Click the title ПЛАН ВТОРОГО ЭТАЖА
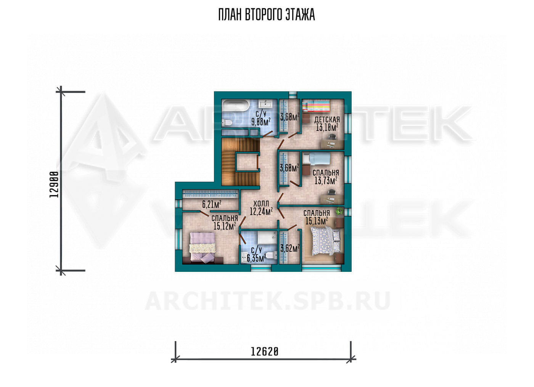267,15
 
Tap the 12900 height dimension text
54,184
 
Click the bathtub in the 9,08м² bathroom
236,106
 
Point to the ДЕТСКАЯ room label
327,119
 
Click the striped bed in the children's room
316,106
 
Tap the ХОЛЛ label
261,204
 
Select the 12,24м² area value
261,211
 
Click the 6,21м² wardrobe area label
212,204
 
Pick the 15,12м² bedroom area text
225,226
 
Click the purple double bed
203,248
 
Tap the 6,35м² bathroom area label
256,258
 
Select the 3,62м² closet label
290,249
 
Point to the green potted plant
339,211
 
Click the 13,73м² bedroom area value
326,180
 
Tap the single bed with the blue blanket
316,159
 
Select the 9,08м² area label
261,122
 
